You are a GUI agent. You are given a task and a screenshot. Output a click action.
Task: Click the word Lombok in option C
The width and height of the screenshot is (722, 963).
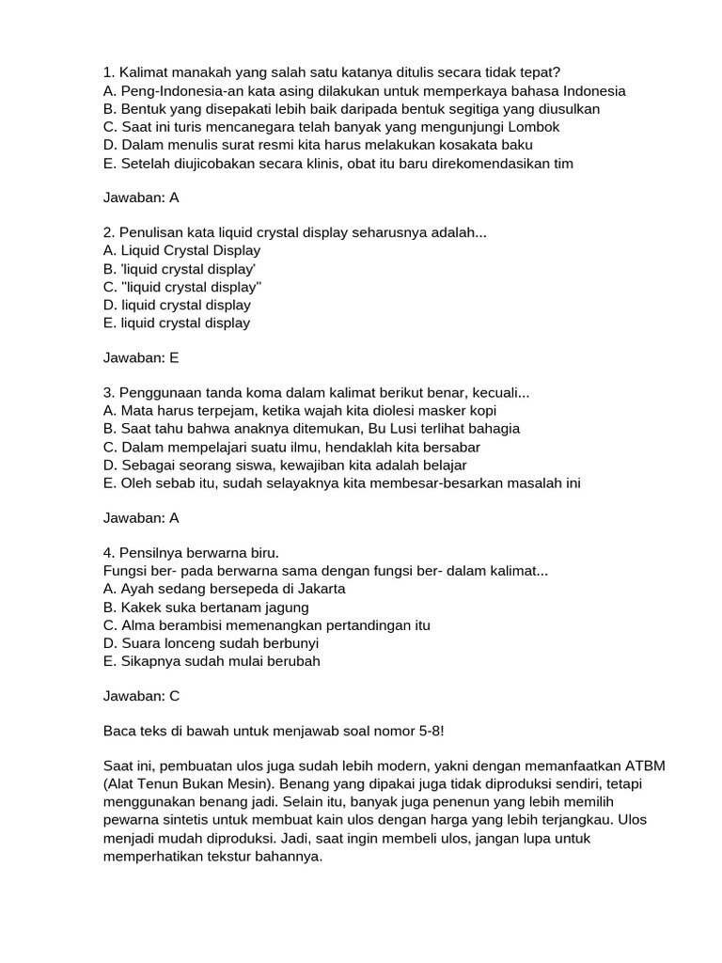pyautogui.click(x=534, y=127)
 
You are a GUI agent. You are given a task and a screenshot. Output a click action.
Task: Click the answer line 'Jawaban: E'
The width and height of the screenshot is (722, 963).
pyautogui.click(x=140, y=358)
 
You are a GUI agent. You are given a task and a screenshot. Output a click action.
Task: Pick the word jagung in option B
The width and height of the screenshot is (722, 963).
pyautogui.click(x=288, y=608)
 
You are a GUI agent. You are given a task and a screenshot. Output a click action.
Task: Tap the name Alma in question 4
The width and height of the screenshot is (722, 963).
pyautogui.click(x=136, y=625)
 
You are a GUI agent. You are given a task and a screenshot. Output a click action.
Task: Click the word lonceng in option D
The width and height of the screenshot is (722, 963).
pyautogui.click(x=191, y=643)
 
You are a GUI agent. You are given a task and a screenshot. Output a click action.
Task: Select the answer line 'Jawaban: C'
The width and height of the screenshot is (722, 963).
pyautogui.click(x=140, y=697)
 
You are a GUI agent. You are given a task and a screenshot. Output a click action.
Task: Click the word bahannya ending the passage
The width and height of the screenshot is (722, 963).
pyautogui.click(x=288, y=857)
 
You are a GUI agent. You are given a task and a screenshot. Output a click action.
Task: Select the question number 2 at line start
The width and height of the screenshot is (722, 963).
pyautogui.click(x=108, y=232)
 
